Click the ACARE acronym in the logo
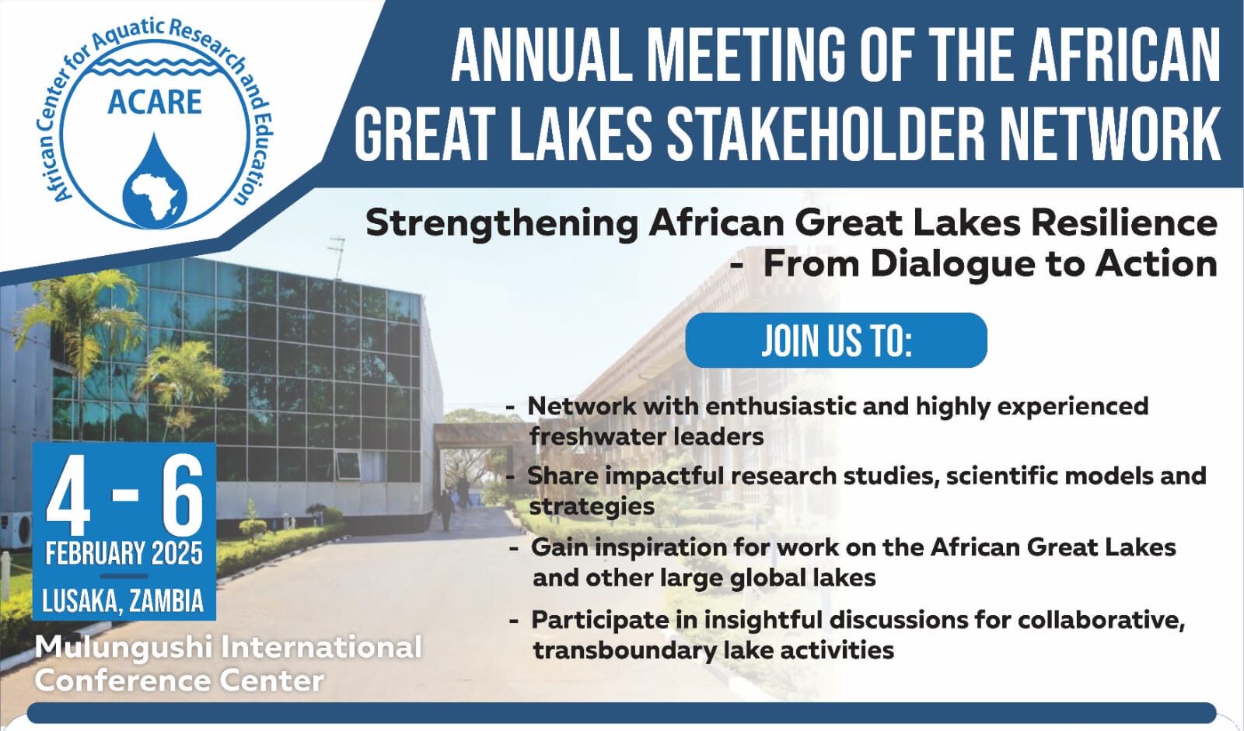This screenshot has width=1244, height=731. pos(155,102)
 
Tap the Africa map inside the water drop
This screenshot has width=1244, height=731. pos(155,195)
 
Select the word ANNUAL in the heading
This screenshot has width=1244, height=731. pos(542,54)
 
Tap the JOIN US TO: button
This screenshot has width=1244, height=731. pos(836,340)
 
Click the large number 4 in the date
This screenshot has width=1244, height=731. pos(68,497)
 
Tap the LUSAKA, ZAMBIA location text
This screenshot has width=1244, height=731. pos(124,601)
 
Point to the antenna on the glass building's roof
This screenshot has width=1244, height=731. pos(337,257)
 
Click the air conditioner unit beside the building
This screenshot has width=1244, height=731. pos(16,530)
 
